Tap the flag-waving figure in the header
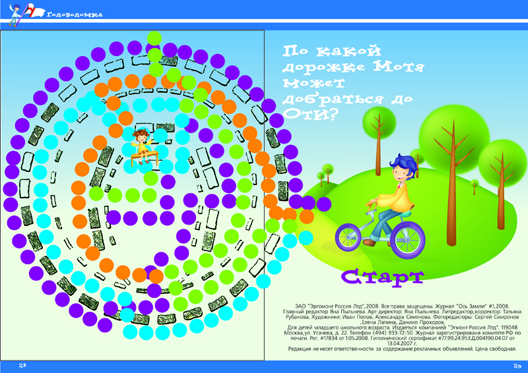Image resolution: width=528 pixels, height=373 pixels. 15,13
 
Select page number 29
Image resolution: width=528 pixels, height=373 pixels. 517,366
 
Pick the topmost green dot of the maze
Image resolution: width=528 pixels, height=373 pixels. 154,38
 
